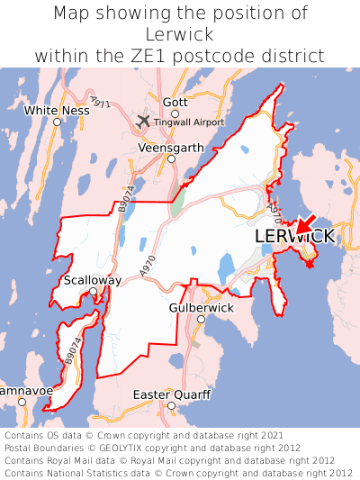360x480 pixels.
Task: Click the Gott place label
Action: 175,103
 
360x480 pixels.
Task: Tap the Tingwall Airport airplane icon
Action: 143,121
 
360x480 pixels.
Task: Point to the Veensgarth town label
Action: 168,147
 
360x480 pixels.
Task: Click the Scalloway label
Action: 93,280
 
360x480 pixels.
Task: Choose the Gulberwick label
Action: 201,307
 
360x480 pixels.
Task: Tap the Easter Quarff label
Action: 171,394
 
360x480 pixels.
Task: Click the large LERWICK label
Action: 294,236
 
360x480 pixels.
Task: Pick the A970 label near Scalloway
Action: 148,265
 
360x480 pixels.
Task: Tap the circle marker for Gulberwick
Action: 202,319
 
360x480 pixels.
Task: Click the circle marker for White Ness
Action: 57,122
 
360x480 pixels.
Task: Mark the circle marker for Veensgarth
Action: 171,158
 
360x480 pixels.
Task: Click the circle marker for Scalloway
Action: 93,292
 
